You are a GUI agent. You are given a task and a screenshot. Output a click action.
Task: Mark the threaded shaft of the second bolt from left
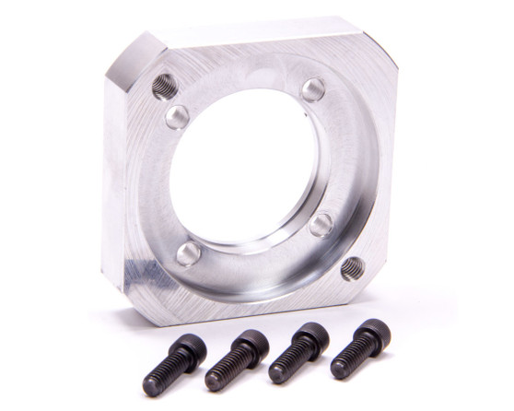[x=226, y=370]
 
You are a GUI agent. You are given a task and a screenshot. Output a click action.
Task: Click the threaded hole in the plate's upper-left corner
[x=165, y=87]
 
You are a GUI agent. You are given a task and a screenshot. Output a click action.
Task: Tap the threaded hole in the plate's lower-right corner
[x=352, y=268]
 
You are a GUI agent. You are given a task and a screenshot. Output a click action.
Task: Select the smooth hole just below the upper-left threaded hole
[x=178, y=116]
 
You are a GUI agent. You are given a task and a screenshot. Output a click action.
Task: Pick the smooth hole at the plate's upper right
[x=313, y=89]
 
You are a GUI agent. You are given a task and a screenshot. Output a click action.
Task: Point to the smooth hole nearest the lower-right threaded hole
[x=321, y=225]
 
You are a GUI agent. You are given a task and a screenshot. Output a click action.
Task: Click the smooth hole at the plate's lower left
[x=189, y=253]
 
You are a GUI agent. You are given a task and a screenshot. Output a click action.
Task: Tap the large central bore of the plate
[x=244, y=166]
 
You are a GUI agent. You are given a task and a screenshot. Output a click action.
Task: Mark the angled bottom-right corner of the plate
[x=373, y=276]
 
